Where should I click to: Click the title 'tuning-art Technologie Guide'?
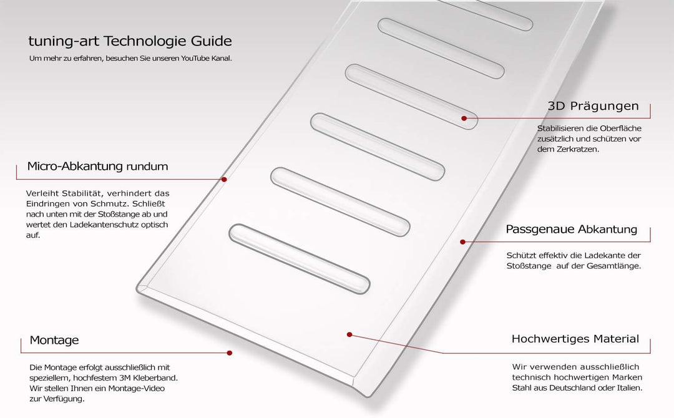click(130, 41)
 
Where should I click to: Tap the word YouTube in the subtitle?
click(195, 59)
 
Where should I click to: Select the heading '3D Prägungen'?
click(593, 106)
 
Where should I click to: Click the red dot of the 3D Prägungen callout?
click(464, 118)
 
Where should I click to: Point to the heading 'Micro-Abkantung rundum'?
click(97, 166)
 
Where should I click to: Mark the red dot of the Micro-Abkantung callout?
click(224, 179)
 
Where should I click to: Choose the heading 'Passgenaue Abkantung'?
click(571, 230)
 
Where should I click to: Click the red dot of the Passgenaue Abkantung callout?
click(462, 242)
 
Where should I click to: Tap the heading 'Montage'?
click(54, 340)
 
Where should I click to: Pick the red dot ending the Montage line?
click(230, 352)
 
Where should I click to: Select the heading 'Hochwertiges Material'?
click(575, 339)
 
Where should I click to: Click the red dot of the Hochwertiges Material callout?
click(349, 334)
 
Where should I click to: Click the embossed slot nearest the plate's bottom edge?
click(299, 259)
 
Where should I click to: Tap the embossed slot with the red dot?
click(411, 97)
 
